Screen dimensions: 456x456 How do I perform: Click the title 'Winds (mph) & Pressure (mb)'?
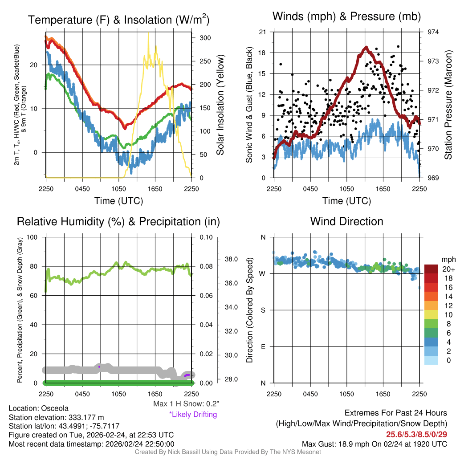pos(346,17)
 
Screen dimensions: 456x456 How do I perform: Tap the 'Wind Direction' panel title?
pos(346,221)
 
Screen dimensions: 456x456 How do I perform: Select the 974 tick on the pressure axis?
pos(433,32)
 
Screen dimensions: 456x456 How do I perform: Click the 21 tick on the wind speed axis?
pos(262,32)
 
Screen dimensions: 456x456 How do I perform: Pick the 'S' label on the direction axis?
pos(263,310)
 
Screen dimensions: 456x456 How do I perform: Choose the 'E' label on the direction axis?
pos(263,346)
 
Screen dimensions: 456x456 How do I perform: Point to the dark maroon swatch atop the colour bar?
pos(431,269)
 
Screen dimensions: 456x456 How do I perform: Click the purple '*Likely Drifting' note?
pos(193,415)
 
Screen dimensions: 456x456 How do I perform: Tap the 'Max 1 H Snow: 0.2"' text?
pos(186,404)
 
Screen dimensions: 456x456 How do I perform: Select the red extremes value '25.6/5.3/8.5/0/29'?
pos(416,434)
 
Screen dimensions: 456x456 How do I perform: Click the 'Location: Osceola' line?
pos(38,408)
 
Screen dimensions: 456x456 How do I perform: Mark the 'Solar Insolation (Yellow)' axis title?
pos(220,105)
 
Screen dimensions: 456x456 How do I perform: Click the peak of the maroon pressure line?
pos(366,47)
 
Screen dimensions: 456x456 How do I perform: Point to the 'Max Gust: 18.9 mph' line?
pos(375,444)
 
